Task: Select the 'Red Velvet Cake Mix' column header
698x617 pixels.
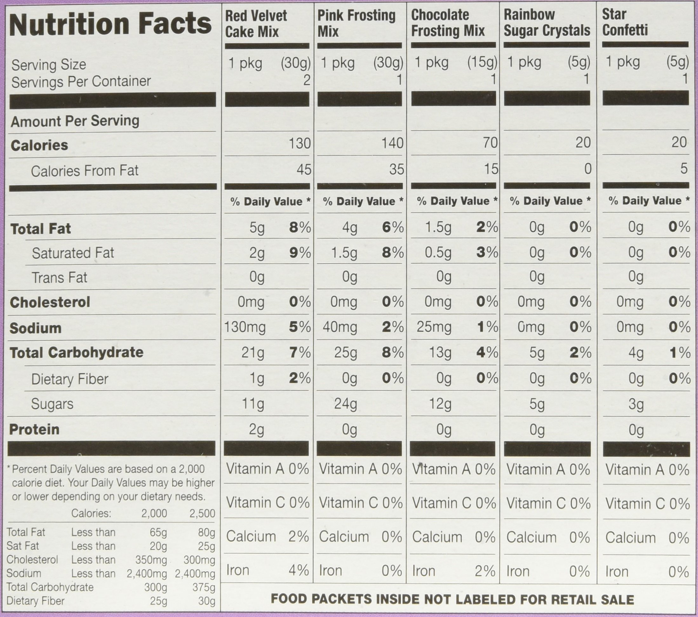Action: tap(256, 24)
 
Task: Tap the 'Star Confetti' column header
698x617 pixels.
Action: tap(625, 22)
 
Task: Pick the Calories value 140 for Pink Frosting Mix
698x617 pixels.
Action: tap(393, 143)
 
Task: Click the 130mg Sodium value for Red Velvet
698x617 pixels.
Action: tap(245, 327)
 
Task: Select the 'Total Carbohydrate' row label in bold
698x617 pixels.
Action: tap(77, 353)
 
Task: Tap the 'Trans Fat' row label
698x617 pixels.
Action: tap(59, 277)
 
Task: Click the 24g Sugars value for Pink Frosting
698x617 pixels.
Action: tap(346, 404)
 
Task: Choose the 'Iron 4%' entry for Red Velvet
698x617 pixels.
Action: tap(267, 570)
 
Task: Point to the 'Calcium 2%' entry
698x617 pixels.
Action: tap(267, 536)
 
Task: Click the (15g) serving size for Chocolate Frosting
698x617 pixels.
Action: tap(482, 63)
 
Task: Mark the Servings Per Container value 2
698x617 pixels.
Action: tap(306, 80)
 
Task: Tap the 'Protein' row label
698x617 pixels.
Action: tap(34, 429)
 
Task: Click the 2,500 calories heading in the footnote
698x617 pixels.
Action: tap(202, 513)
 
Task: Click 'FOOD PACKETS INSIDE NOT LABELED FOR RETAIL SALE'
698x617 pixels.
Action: tap(452, 599)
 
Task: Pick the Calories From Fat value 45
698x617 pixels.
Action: tap(304, 169)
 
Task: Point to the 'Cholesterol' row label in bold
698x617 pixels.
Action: tap(50, 302)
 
